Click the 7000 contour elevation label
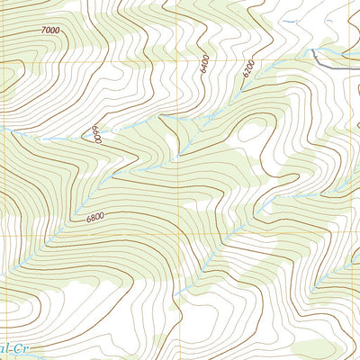[x=50, y=31]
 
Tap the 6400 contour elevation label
[x=205, y=64]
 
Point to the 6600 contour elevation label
[x=95, y=135]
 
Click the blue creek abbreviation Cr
[x=27, y=346]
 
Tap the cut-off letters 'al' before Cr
[x=5, y=346]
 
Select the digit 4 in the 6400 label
[x=205, y=66]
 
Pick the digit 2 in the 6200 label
[x=247, y=70]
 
